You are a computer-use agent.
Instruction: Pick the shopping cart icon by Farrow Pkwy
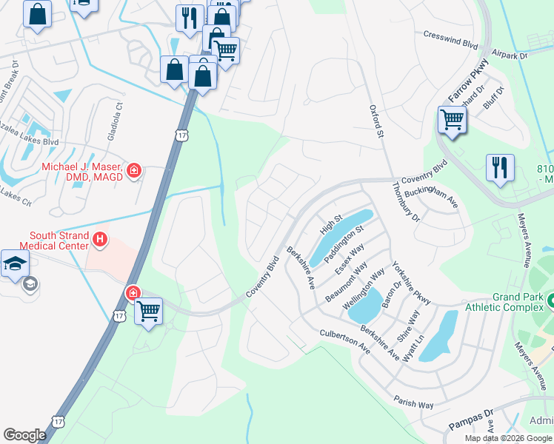pos(451,119)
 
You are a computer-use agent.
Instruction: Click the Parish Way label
pos(414,404)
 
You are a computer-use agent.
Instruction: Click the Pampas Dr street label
pos(470,420)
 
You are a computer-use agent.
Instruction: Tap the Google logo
pos(24,435)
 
